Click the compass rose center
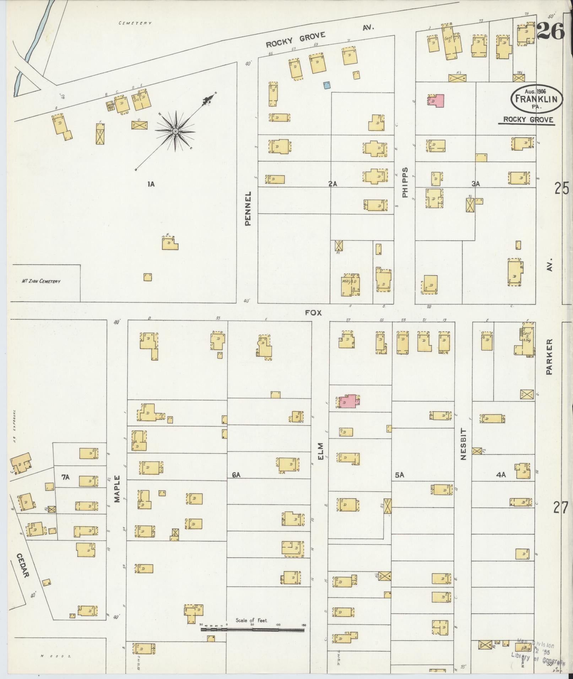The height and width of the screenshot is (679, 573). tap(175, 132)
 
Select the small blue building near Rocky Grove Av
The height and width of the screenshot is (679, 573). tap(327, 85)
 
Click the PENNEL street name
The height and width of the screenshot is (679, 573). tap(248, 208)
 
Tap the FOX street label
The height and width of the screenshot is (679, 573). tap(313, 313)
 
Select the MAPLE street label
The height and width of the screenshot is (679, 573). tap(117, 489)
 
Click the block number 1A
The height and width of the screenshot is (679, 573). tap(151, 184)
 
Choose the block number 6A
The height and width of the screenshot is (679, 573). tap(236, 475)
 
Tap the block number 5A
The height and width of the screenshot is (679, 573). tap(399, 475)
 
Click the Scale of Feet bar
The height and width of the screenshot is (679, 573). tap(252, 630)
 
